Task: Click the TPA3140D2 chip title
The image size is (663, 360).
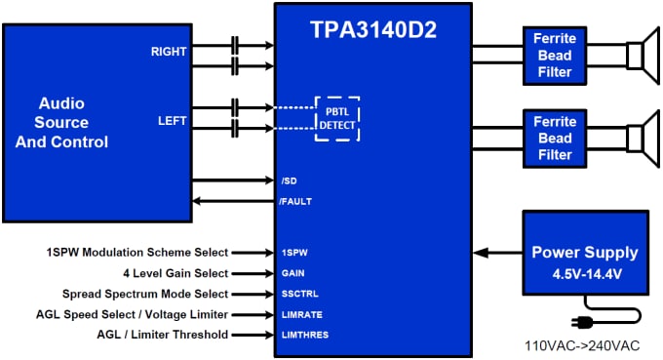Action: (373, 29)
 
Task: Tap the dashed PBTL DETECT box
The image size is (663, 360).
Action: (337, 118)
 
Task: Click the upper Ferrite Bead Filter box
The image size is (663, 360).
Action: (554, 56)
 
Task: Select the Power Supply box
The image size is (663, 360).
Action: (585, 254)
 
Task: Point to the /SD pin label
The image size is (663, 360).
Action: (288, 180)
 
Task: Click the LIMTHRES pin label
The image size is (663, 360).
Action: (305, 335)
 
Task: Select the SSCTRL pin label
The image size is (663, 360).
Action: (300, 294)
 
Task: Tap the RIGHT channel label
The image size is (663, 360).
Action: (169, 51)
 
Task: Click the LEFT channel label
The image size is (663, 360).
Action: (173, 121)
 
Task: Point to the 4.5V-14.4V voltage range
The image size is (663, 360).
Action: (585, 275)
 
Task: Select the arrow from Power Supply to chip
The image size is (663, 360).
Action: (497, 253)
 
